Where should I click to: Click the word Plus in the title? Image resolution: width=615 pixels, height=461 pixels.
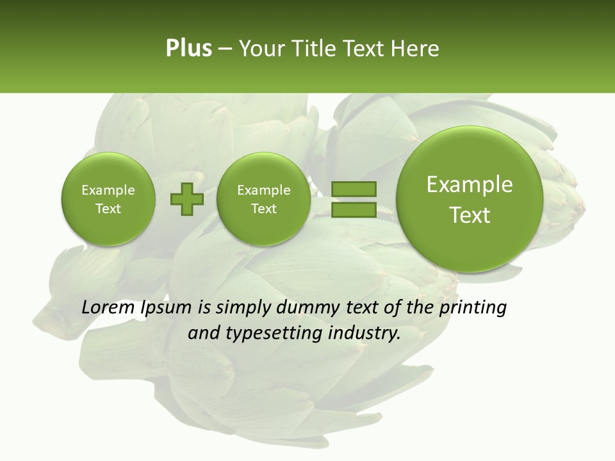pyautogui.click(x=188, y=49)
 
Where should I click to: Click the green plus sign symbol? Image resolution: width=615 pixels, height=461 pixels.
pyautogui.click(x=187, y=198)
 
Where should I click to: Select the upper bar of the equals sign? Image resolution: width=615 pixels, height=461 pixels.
pyautogui.click(x=354, y=189)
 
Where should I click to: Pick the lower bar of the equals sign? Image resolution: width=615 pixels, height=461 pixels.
pyautogui.click(x=354, y=209)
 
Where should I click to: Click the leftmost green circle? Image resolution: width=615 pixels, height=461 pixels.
pyautogui.click(x=108, y=199)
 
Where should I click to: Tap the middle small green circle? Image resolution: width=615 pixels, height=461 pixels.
pyautogui.click(x=263, y=199)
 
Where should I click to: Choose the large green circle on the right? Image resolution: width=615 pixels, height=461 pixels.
pyautogui.click(x=470, y=199)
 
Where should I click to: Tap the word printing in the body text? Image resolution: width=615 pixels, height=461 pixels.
pyautogui.click(x=474, y=308)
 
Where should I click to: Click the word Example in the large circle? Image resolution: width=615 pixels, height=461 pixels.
pyautogui.click(x=470, y=184)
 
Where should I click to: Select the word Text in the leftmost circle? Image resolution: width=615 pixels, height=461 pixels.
pyautogui.click(x=108, y=209)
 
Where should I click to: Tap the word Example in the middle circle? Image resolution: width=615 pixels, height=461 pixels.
pyautogui.click(x=263, y=190)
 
